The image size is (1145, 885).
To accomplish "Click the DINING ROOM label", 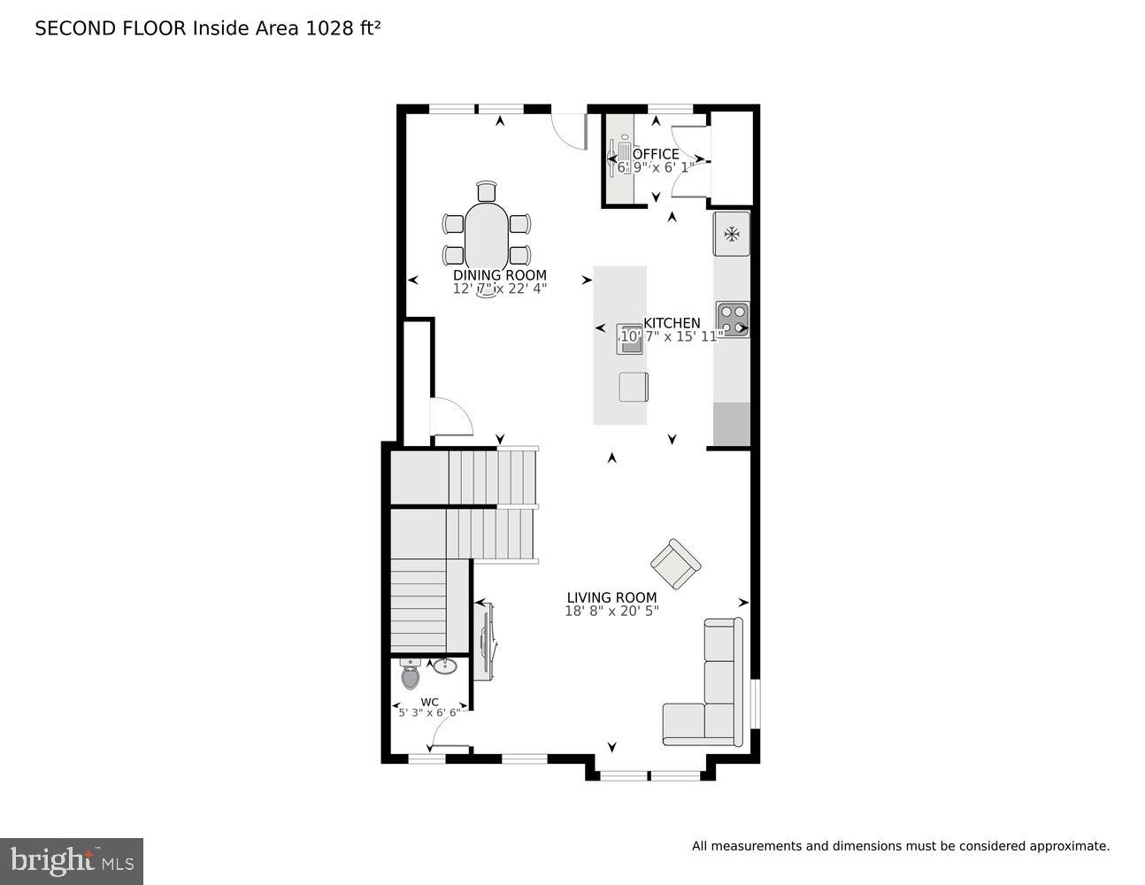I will [x=499, y=275].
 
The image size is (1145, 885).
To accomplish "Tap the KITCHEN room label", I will [x=672, y=323].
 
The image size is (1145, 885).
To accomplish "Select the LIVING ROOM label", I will [x=611, y=597].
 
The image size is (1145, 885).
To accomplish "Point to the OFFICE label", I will [x=656, y=154].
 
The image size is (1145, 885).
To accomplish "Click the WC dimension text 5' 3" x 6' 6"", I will [x=429, y=712].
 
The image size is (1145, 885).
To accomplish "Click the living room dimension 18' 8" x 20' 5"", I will [x=611, y=611].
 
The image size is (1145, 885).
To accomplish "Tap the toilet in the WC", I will [x=411, y=676].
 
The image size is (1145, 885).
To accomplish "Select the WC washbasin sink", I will [x=447, y=666].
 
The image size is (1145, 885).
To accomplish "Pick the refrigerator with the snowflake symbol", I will [x=732, y=234].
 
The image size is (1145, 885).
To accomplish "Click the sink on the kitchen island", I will [x=629, y=339].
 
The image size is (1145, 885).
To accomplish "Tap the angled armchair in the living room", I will [x=675, y=563].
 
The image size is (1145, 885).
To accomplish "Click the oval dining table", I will [x=488, y=235].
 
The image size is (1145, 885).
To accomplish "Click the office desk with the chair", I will [x=619, y=159].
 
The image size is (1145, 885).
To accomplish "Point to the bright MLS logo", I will [x=71, y=860].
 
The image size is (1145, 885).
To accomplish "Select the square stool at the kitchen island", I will [x=633, y=387].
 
